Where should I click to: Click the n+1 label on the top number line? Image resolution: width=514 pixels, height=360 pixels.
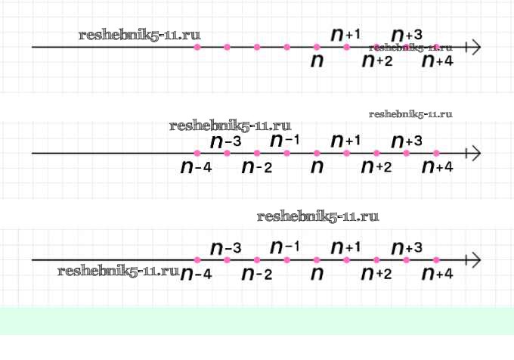pos(346,34)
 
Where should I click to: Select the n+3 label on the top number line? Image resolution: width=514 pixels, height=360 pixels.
pos(407,34)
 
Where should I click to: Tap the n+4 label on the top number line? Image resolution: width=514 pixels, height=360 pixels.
pos(437,61)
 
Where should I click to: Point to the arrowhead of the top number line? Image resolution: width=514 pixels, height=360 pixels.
pos(475,48)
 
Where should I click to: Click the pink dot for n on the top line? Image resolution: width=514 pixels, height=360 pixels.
pos(317,48)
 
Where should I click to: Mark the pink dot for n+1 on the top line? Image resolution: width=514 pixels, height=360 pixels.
pos(347,48)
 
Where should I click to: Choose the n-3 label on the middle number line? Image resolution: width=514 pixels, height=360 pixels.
pos(226,141)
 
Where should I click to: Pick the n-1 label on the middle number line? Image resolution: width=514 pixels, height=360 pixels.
pos(286,141)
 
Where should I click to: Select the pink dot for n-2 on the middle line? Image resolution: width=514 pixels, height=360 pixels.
pos(257,154)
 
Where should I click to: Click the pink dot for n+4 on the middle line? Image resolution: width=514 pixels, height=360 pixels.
pos(437,154)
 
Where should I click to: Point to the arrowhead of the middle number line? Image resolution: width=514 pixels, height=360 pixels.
pos(475,154)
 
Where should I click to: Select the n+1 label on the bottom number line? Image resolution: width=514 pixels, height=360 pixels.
pos(346,247)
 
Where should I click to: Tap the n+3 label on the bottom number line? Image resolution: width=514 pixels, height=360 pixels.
pos(407,247)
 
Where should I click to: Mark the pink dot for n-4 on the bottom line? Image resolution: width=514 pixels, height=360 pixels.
pos(197,260)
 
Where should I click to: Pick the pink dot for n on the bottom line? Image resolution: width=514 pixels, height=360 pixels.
pos(317,260)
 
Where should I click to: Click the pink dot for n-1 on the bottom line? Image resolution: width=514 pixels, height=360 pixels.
pos(287,260)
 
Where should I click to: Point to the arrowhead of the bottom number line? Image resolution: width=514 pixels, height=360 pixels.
pos(475,260)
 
